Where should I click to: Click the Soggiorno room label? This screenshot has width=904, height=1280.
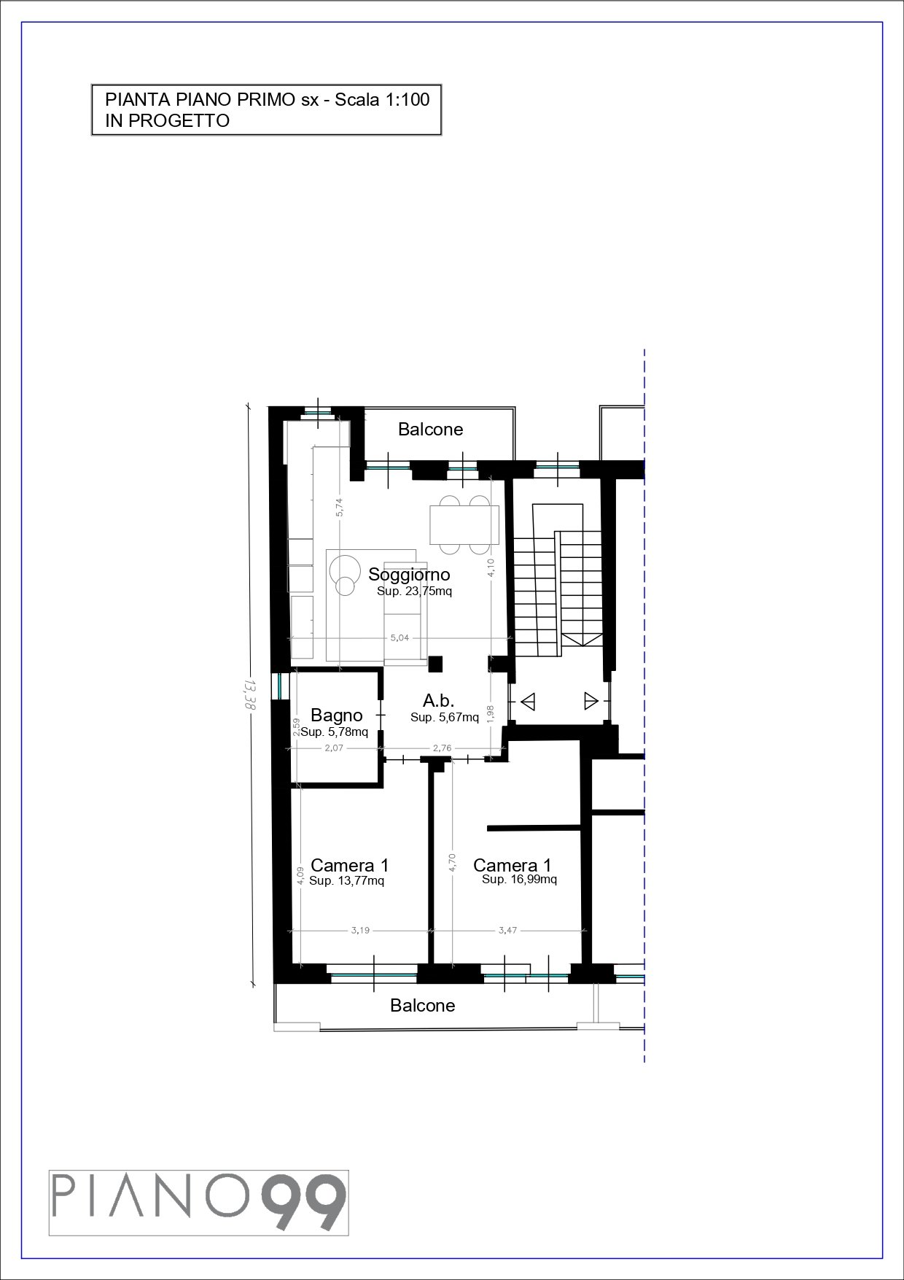[409, 575]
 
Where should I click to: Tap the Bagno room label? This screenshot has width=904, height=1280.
[336, 715]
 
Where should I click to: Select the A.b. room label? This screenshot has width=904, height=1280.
[438, 701]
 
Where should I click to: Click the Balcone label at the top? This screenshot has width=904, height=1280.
[430, 430]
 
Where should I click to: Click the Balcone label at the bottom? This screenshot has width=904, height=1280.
[422, 1006]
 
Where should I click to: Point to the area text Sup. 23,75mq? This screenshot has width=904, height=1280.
[414, 591]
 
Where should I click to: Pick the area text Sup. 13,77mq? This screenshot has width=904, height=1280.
[346, 881]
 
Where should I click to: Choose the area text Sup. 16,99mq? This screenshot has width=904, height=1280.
[519, 880]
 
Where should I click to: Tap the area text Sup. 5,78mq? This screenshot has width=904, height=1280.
[335, 732]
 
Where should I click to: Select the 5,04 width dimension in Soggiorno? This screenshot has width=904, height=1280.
[400, 637]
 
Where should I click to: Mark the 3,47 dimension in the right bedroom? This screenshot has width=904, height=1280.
[507, 930]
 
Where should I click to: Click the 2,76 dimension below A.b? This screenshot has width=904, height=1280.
[442, 748]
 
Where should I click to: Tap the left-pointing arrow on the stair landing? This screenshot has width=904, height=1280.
[529, 702]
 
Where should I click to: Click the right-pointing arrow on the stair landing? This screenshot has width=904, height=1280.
[591, 702]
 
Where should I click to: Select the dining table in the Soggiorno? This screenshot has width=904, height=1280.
[464, 524]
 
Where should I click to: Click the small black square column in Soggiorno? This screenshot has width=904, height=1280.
[435, 664]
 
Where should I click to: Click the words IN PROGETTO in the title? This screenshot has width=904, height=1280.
[168, 121]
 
